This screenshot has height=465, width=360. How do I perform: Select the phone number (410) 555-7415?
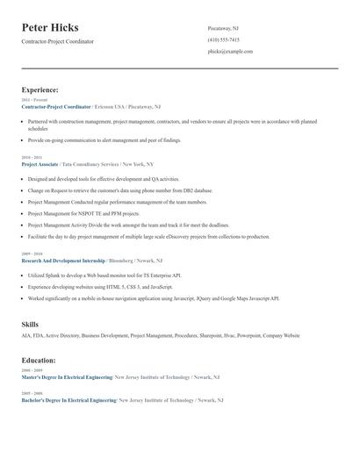(x=223, y=39)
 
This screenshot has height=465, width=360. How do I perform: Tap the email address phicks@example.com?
(x=230, y=52)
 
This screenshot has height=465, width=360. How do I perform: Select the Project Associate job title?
(x=40, y=164)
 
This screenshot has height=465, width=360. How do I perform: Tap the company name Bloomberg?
(x=123, y=261)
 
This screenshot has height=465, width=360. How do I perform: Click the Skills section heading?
(x=30, y=325)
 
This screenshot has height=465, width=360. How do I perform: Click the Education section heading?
(x=40, y=360)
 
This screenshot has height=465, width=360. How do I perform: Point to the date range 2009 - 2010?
(x=32, y=254)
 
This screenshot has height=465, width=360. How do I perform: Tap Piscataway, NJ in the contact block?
(x=223, y=28)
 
